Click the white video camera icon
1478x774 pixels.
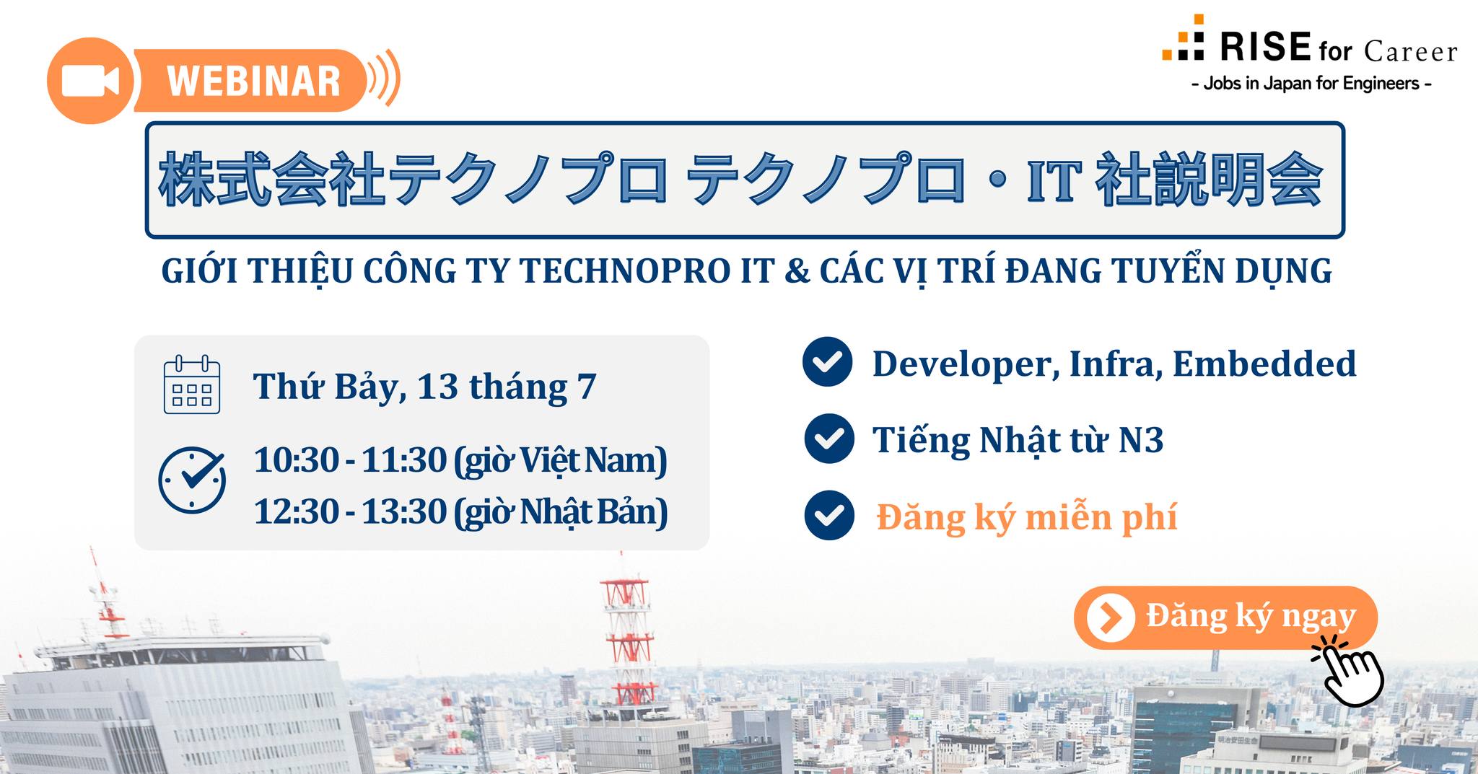coord(90,81)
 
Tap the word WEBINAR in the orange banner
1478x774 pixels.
coord(254,81)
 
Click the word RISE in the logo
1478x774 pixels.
coord(1265,47)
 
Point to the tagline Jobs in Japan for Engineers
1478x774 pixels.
coord(1311,84)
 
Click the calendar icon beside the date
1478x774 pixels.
coord(192,384)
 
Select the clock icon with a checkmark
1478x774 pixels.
coord(192,480)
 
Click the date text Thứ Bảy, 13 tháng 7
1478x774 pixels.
coord(424,387)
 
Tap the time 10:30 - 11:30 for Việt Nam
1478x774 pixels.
coord(460,461)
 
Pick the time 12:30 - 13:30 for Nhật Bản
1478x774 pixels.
coord(460,512)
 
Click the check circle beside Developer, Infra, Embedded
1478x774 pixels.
coord(828,361)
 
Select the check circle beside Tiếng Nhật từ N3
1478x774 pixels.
coord(829,438)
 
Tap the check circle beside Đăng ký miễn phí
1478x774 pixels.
coord(829,515)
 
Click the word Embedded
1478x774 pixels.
coord(1264,364)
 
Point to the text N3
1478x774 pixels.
coord(1140,440)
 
